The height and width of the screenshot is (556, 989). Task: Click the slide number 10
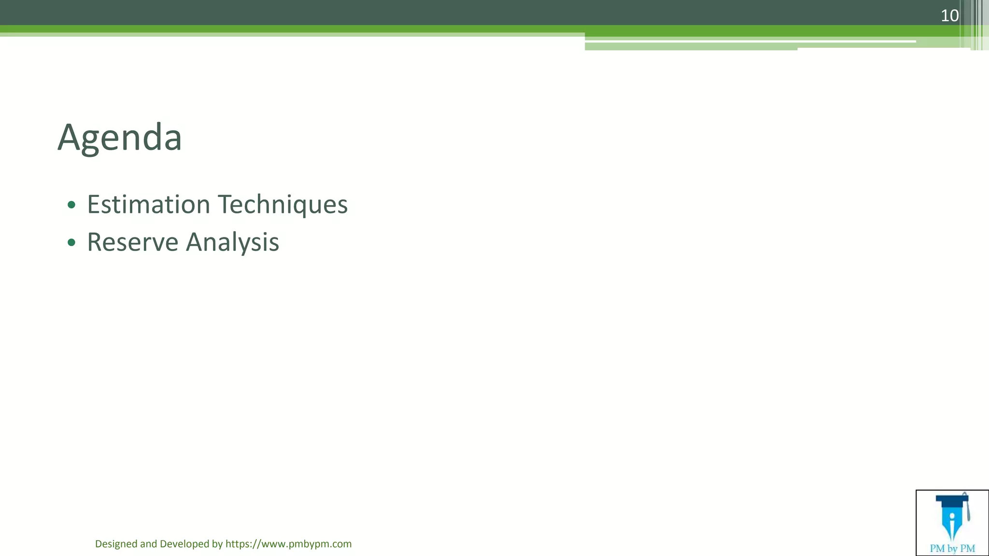point(949,16)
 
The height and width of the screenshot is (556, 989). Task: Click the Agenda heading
point(120,138)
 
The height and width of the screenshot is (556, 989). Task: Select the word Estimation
point(148,204)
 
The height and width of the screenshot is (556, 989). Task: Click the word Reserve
point(132,242)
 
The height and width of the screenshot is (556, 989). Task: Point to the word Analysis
point(232,242)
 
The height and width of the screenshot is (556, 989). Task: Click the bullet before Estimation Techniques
point(71,205)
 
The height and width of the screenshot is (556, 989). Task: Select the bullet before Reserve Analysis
point(71,242)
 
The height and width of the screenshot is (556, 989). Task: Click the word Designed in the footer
point(116,544)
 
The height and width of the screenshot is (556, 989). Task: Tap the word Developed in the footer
point(184,544)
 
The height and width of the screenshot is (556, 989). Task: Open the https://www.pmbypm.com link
point(288,544)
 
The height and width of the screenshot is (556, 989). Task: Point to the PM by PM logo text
point(952,548)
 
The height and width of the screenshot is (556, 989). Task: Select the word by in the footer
point(217,544)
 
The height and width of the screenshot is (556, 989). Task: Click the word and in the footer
point(148,544)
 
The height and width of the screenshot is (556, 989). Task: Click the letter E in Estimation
point(93,204)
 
